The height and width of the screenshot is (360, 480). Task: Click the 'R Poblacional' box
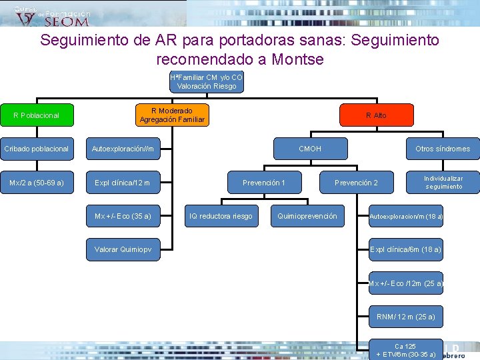coord(36,115)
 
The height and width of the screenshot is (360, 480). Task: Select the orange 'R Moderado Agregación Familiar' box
coord(172,115)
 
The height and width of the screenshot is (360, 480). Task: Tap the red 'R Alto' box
coord(376,115)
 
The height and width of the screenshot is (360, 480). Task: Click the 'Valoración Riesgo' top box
coord(207,81)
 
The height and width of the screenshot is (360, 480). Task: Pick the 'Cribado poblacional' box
coord(36,149)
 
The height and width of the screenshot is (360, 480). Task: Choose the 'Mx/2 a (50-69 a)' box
coord(36,183)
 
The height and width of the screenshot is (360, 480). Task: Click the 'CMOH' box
coord(310,149)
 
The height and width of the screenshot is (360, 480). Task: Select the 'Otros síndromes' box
coord(443,149)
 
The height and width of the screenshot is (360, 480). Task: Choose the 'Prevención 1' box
coord(264,183)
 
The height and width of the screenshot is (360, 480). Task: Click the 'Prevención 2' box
coord(356,183)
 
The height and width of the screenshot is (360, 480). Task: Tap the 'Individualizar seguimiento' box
coord(444,183)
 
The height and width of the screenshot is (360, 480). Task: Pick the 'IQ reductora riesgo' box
coord(221,216)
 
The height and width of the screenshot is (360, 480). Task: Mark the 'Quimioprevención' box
coord(307,216)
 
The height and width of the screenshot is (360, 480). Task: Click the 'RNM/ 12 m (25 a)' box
coord(406,317)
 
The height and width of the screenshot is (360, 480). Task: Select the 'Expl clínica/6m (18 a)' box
coord(406,249)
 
